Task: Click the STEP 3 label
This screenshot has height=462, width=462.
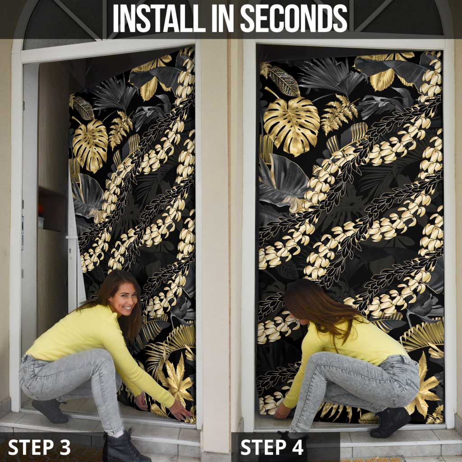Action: (39, 447)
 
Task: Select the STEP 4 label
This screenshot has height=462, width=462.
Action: (272, 447)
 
